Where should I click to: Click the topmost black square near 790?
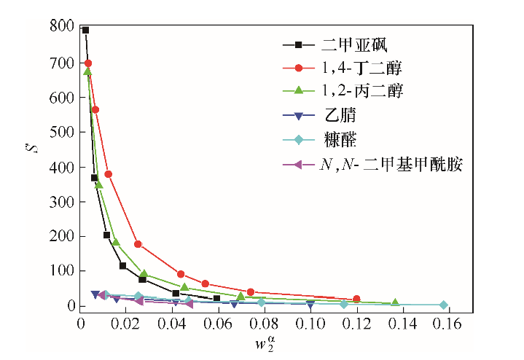[x=85, y=31]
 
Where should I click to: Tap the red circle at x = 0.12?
[x=356, y=299]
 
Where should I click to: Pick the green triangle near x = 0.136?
[x=395, y=302]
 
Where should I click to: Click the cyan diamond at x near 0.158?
[x=443, y=305]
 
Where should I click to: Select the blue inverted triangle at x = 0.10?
[x=310, y=304]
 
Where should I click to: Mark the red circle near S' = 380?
[x=108, y=174]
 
